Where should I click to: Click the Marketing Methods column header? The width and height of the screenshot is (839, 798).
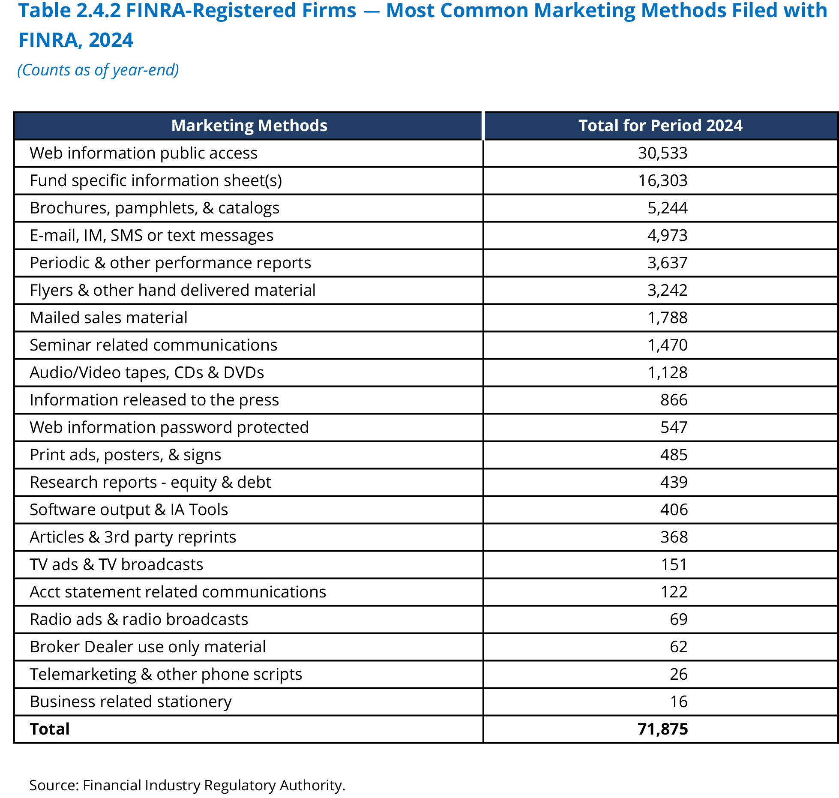click(x=249, y=126)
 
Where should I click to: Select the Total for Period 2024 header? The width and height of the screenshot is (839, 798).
click(x=660, y=126)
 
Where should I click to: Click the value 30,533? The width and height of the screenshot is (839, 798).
click(x=662, y=153)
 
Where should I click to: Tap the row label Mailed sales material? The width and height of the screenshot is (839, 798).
click(x=108, y=318)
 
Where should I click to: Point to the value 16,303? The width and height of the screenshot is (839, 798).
click(x=662, y=180)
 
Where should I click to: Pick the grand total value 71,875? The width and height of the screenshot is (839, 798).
click(x=662, y=729)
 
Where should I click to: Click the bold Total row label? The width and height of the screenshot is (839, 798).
click(x=50, y=729)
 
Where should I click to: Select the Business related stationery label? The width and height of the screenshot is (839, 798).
click(x=131, y=702)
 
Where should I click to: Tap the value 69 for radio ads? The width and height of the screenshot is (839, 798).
click(x=678, y=619)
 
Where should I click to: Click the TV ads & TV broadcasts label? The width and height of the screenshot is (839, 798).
click(x=116, y=564)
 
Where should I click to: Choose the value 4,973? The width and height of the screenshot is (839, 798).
click(x=667, y=235)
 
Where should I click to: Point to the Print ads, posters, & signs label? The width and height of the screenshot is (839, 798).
click(x=125, y=455)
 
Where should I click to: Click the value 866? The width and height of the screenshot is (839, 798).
click(x=674, y=400)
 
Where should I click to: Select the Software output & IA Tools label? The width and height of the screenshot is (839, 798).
click(x=129, y=510)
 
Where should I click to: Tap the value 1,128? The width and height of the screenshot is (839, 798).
click(x=667, y=372)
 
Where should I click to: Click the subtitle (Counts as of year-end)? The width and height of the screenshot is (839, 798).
click(x=98, y=70)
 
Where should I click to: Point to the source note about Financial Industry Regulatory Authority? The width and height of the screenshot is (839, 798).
click(x=187, y=785)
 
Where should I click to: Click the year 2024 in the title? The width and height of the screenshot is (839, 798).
click(x=111, y=40)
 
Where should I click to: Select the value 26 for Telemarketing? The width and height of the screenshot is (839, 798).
click(x=678, y=674)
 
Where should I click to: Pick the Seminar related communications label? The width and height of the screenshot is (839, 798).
click(x=153, y=345)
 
